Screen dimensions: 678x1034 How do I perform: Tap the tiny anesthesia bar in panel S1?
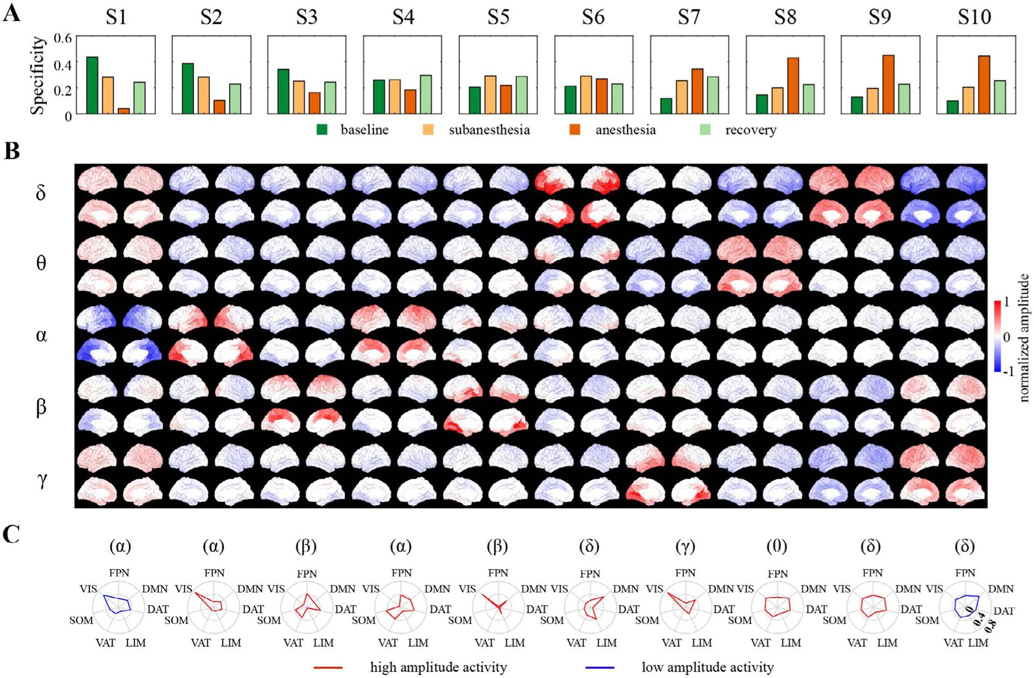(123, 111)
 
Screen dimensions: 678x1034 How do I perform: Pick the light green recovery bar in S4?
(425, 94)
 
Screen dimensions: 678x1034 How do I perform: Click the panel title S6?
(593, 17)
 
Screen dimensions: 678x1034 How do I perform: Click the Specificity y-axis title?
(37, 75)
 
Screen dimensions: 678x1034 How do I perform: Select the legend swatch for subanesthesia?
(428, 130)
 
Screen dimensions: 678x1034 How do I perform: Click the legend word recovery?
(750, 130)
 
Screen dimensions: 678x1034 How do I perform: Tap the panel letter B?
(12, 151)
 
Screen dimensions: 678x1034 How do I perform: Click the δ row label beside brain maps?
(40, 192)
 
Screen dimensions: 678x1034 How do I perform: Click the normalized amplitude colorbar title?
(1024, 338)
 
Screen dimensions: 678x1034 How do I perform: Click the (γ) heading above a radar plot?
(685, 547)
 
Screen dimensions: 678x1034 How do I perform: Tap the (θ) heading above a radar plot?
(777, 547)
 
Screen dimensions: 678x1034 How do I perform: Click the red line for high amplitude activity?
(328, 668)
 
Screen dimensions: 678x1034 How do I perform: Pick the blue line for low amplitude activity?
(599, 668)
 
